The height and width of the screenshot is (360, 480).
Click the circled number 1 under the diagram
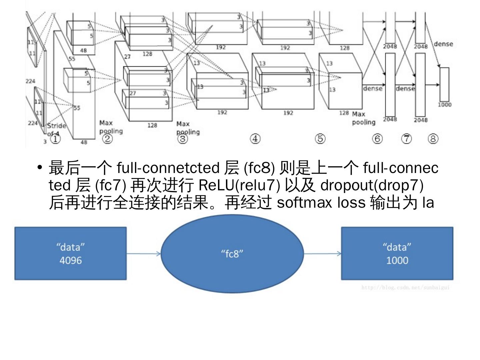[55, 139]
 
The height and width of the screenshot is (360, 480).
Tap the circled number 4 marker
[255, 139]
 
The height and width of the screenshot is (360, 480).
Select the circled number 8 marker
[433, 139]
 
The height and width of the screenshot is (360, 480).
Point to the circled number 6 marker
[377, 139]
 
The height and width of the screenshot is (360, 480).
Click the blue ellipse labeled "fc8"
[232, 254]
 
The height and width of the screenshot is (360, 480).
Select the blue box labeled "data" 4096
[70, 254]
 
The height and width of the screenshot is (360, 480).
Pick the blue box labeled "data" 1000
[397, 254]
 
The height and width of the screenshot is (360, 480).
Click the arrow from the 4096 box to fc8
[144, 254]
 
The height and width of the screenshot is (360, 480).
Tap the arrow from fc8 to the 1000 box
[322, 254]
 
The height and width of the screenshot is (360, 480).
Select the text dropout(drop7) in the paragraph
[372, 185]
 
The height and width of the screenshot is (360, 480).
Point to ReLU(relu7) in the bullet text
[239, 185]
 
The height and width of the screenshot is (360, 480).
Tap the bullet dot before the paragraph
[40, 167]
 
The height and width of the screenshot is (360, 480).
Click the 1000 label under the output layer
[444, 105]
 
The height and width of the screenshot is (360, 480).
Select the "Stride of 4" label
[56, 129]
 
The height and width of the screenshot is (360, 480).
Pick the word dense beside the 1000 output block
[443, 44]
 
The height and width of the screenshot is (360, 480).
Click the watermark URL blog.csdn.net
[405, 287]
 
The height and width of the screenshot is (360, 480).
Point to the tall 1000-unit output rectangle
[444, 84]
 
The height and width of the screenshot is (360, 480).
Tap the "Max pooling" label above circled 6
[363, 118]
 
